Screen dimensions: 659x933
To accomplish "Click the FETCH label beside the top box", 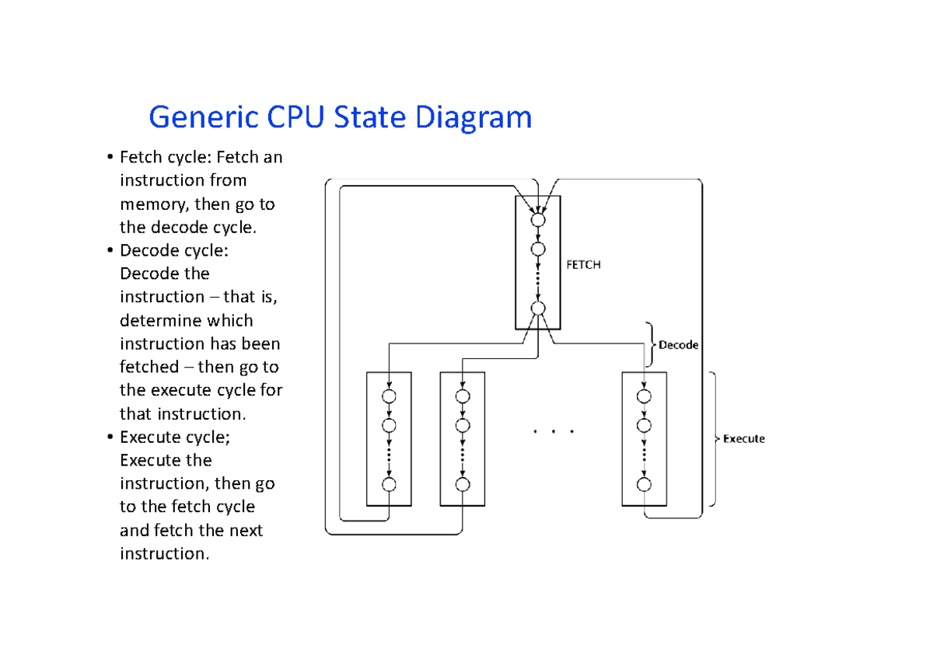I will [x=583, y=264].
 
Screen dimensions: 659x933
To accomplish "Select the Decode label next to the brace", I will [x=679, y=345].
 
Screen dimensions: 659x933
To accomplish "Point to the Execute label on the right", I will [x=744, y=438].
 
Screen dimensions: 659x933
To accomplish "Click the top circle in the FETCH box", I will [x=538, y=220].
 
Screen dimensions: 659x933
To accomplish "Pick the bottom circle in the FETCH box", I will [x=538, y=309].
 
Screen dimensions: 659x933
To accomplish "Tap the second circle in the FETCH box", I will [x=538, y=249].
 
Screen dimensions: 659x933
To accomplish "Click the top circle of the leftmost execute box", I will [x=389, y=396].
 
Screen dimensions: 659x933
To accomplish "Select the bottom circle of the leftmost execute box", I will [x=389, y=484].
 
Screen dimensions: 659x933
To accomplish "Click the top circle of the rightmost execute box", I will [x=644, y=396].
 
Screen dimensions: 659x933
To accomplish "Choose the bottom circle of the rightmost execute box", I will [x=644, y=484].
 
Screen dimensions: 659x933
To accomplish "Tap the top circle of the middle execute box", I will [x=463, y=396].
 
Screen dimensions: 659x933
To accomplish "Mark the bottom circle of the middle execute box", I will [x=463, y=484].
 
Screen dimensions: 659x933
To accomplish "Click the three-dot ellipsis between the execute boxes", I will [x=553, y=431].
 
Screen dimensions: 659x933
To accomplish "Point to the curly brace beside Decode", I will [x=649, y=345].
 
